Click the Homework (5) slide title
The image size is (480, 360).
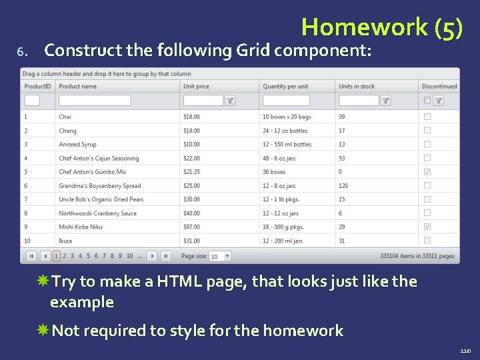point(381,27)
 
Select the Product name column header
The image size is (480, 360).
point(77,86)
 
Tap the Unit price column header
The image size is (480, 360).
point(196,86)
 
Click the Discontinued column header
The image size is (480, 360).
point(439,86)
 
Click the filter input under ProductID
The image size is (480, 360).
point(31,101)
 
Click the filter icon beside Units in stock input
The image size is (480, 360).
point(385,101)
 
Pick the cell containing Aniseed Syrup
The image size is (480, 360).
point(77,144)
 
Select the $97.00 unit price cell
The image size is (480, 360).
point(191,227)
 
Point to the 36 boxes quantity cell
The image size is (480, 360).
point(274,172)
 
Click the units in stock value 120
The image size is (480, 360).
point(343,186)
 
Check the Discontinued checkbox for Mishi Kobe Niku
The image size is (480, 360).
point(427,227)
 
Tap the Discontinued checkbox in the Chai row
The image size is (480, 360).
point(427,117)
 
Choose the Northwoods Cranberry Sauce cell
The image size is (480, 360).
point(97,213)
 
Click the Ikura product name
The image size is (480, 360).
point(65,241)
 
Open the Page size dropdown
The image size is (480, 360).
point(227,256)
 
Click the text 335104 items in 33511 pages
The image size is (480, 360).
point(417,256)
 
